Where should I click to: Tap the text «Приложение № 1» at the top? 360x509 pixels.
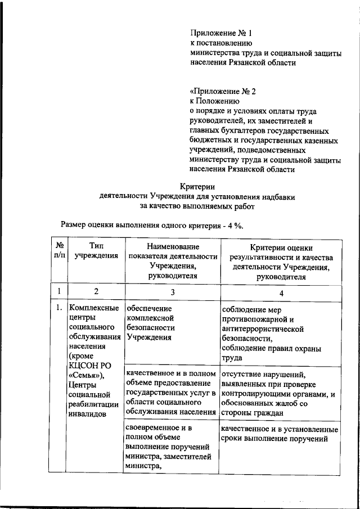[219, 33]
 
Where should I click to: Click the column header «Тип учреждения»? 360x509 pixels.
[96, 251]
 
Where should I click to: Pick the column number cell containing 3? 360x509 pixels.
[173, 292]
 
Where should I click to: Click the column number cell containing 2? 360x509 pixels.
[96, 292]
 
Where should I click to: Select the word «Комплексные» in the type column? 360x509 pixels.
[93, 308]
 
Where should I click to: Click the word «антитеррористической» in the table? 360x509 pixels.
[263, 328]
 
